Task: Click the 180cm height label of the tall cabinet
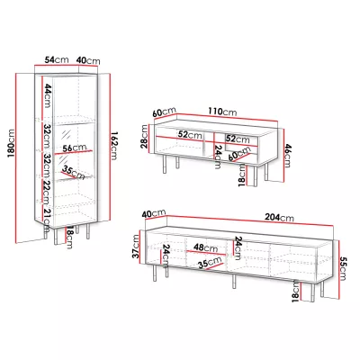(11, 144)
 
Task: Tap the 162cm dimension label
(115, 146)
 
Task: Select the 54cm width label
(57, 59)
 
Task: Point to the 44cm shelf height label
(48, 95)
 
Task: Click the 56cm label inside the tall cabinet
(75, 148)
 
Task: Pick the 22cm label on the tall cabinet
(48, 192)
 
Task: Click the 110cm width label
(222, 112)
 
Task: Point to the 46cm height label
(287, 155)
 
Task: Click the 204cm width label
(279, 217)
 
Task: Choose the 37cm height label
(136, 247)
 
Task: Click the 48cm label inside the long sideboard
(205, 247)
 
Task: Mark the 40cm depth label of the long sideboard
(154, 213)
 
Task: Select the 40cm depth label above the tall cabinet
(88, 60)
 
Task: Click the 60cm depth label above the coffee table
(164, 112)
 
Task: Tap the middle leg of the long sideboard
(234, 282)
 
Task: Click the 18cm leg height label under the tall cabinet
(68, 237)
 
